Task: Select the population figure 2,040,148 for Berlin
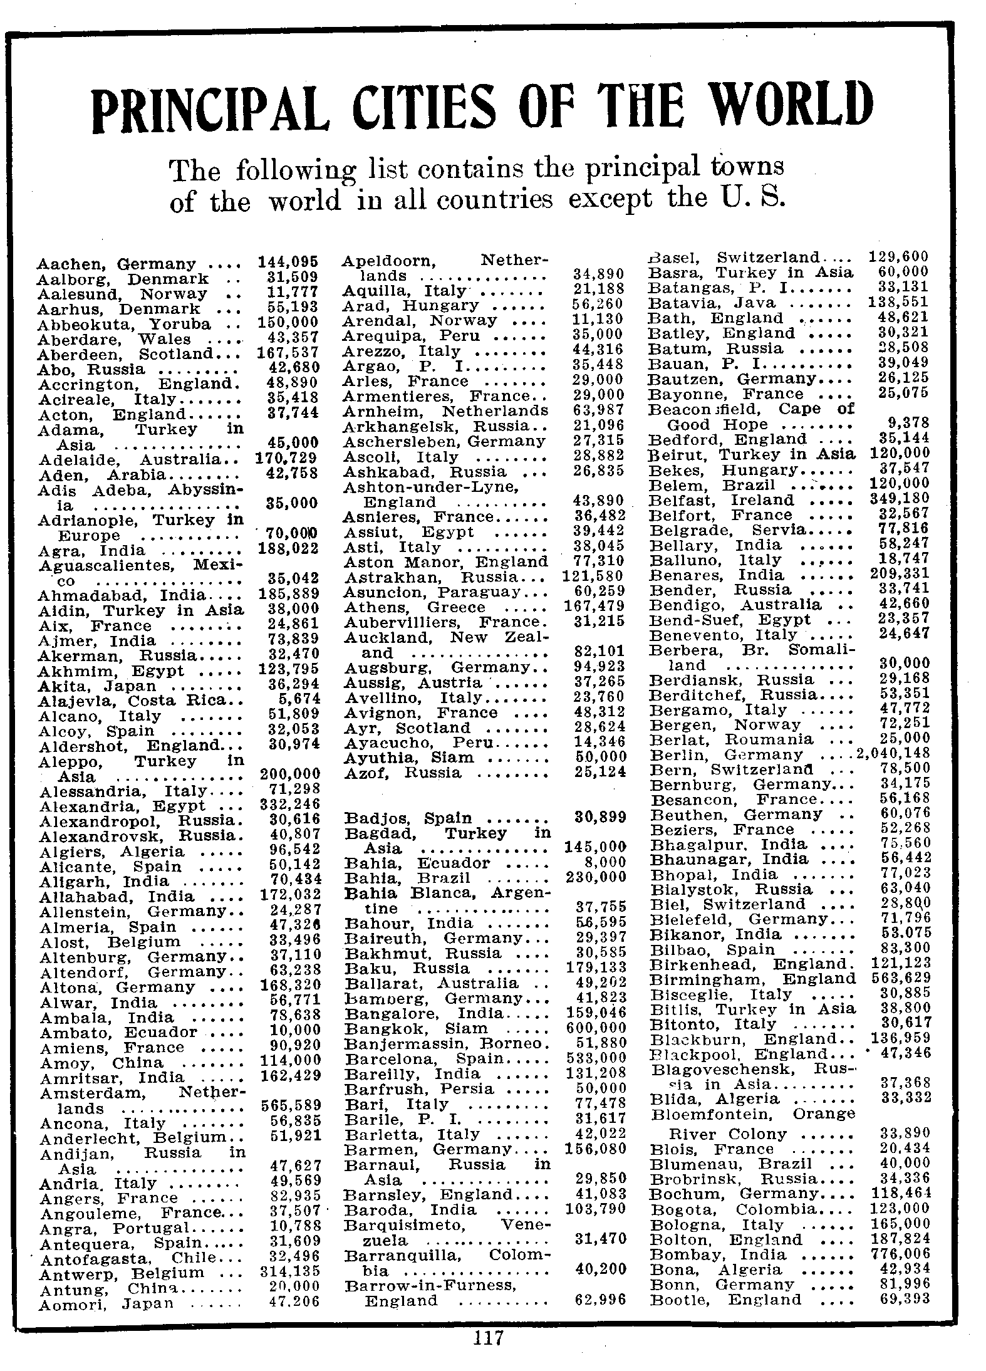point(893,753)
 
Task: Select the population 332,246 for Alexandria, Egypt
point(289,804)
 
